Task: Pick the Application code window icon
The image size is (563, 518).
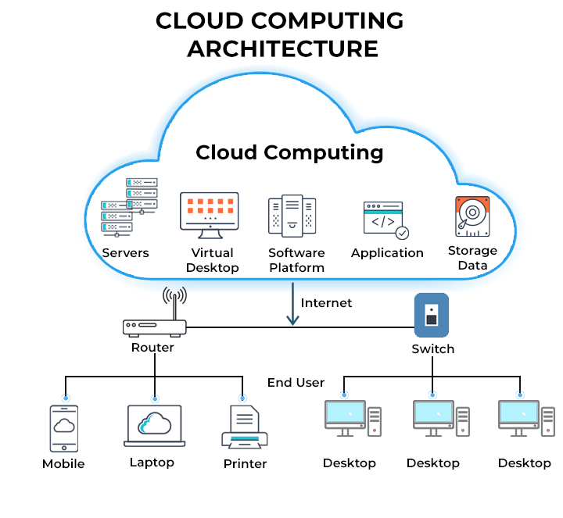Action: (385, 220)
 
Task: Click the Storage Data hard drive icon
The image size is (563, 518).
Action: (472, 216)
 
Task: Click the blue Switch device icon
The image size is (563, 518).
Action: (431, 315)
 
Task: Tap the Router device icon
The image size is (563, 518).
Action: (155, 327)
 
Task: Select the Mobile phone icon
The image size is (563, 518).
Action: (65, 428)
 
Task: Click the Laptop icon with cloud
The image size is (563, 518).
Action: (154, 425)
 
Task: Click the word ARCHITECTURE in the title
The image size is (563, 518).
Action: (282, 49)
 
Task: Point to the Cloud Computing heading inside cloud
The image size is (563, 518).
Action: (289, 152)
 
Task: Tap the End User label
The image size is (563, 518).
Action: (296, 383)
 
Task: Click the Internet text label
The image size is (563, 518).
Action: (327, 302)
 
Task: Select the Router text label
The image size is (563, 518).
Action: (152, 347)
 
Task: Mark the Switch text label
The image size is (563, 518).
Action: (432, 348)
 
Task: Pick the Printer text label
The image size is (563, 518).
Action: (245, 463)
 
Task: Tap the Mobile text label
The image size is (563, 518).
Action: (63, 463)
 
